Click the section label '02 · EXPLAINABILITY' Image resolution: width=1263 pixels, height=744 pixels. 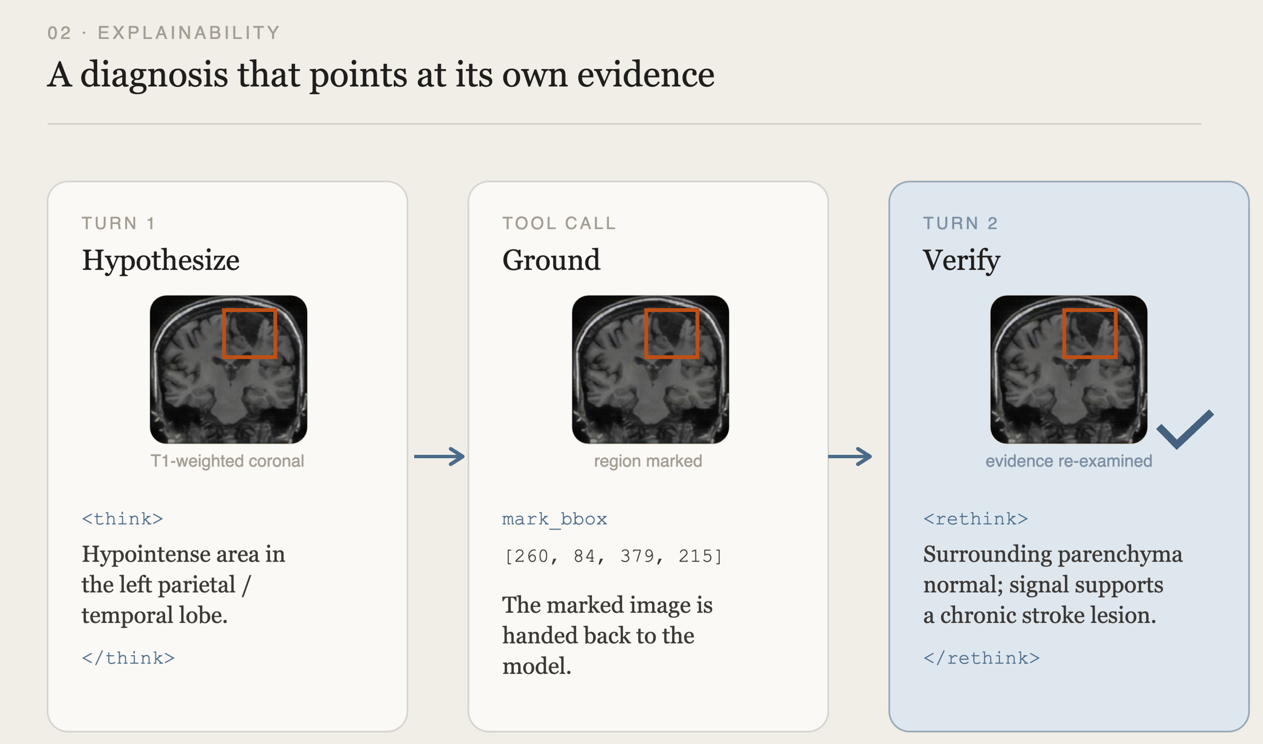coord(163,33)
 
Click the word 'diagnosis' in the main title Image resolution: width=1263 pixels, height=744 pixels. coord(154,75)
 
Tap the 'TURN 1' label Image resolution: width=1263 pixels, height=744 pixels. coord(118,223)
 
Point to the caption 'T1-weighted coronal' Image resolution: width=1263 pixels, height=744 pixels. coord(227,461)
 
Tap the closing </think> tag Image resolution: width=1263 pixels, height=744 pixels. coord(128,658)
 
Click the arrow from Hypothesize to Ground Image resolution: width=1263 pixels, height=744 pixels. coord(439,456)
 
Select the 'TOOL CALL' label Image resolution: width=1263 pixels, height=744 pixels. coord(559,223)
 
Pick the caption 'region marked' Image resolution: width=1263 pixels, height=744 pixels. coord(648,461)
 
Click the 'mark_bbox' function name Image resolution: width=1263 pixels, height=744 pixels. coord(554,519)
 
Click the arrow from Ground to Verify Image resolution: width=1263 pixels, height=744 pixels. coord(850,456)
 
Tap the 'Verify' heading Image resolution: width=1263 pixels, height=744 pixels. coord(961,261)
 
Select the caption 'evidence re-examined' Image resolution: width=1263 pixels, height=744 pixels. coord(1068,461)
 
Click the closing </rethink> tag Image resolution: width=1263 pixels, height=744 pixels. coord(981,658)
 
